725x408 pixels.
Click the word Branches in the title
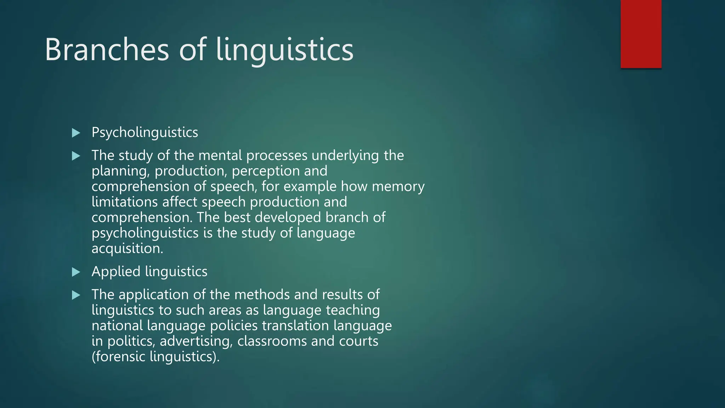click(x=107, y=50)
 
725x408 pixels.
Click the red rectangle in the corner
click(x=641, y=34)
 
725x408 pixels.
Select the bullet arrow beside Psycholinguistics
click(x=76, y=133)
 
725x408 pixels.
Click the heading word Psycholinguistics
click(x=145, y=132)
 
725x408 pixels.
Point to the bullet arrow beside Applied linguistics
click(x=76, y=272)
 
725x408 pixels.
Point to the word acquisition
click(x=127, y=248)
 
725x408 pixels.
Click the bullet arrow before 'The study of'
click(x=76, y=156)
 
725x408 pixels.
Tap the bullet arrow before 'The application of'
click(x=76, y=295)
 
